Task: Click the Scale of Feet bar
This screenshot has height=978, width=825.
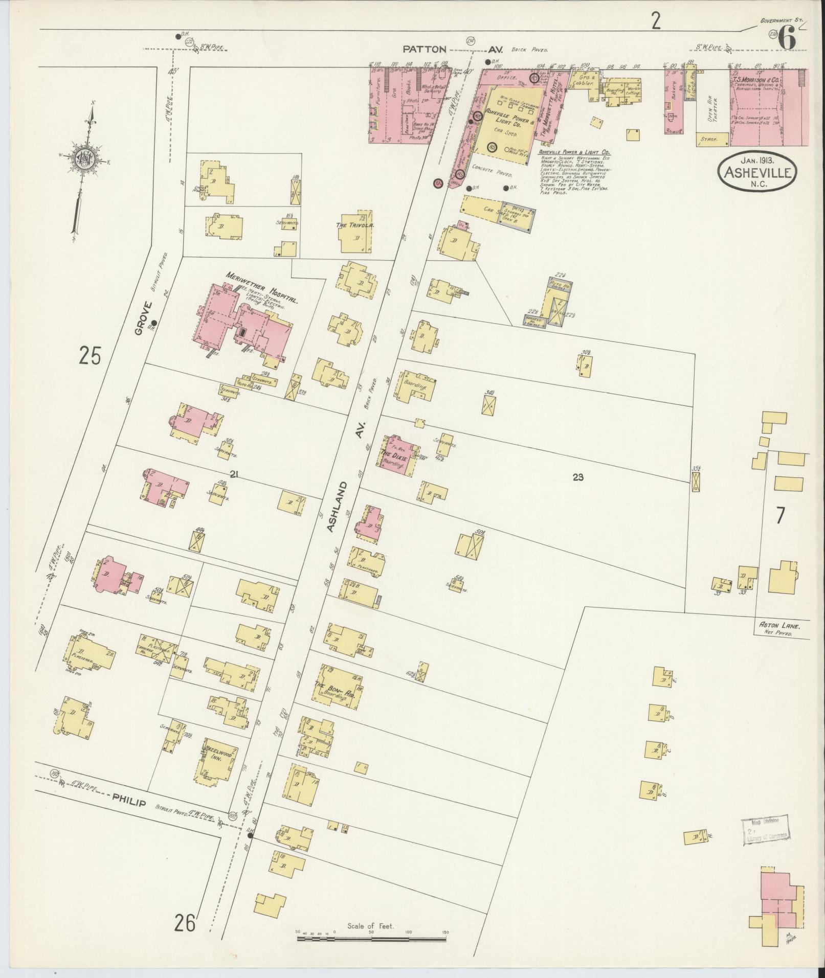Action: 371,939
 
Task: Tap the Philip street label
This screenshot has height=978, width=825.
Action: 130,803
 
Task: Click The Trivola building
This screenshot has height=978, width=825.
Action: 356,234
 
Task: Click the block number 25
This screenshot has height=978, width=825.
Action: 91,356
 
